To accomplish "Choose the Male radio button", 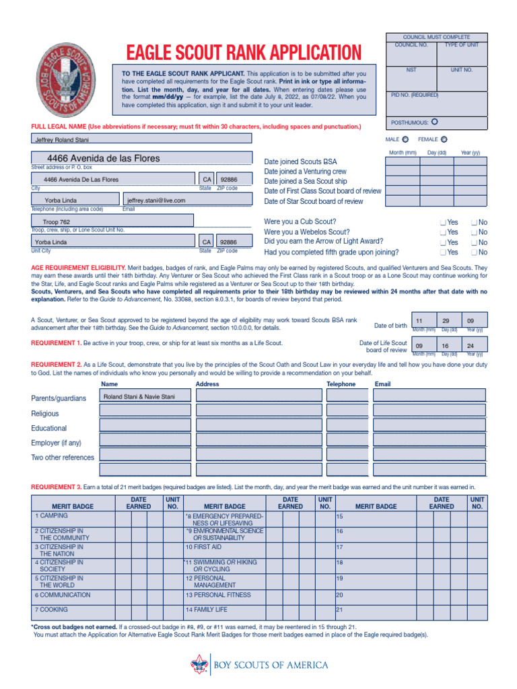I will pos(405,140).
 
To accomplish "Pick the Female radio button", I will pos(444,140).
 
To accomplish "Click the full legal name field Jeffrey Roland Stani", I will pos(141,139).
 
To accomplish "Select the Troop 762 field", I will pos(112,221).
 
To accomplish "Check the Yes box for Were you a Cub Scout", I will pos(443,222).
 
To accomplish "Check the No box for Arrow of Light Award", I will pos(475,242).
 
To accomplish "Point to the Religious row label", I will pos(45,414).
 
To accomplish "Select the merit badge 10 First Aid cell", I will pos(226,547).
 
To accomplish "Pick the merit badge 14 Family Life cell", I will pos(226,610).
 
